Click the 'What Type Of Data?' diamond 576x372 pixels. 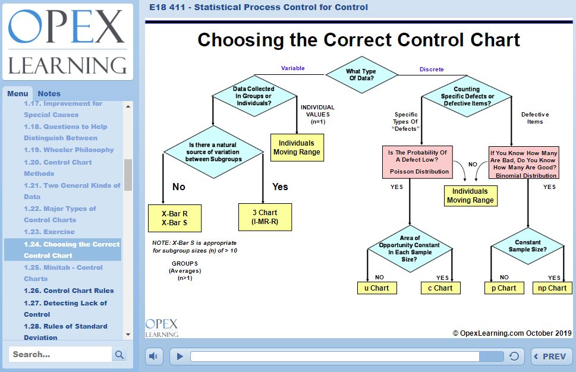coord(361,75)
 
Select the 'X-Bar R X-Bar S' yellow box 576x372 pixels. coord(175,218)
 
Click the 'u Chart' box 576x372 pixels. coord(376,288)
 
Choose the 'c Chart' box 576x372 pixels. coord(440,288)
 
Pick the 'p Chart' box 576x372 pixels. coord(503,288)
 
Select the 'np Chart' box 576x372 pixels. coord(552,288)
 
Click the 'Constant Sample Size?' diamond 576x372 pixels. coord(527,245)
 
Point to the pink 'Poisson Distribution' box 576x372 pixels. coord(419,162)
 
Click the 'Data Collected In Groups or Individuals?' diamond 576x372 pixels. coord(254,96)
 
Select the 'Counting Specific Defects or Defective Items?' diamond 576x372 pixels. coord(467,96)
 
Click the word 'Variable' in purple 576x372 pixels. coord(292,68)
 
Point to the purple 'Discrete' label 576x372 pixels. coord(432,70)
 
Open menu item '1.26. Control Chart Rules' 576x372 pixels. coord(69,291)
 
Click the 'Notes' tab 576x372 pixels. coord(49,93)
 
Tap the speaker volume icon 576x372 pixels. coord(154,357)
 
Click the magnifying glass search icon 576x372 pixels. coord(119,355)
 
